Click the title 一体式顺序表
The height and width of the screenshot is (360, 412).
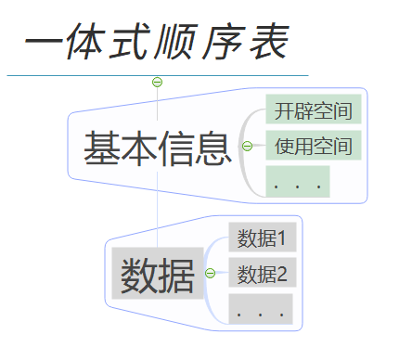pyautogui.click(x=156, y=43)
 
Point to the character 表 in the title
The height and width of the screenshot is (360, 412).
pyautogui.click(x=268, y=43)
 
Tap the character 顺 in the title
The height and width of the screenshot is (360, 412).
pyautogui.click(x=179, y=43)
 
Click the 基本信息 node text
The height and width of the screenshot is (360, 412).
pyautogui.click(x=157, y=148)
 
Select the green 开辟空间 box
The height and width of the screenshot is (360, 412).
pyautogui.click(x=314, y=111)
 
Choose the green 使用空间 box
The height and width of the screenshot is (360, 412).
pyautogui.click(x=314, y=146)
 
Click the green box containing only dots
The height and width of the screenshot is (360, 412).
pyautogui.click(x=297, y=182)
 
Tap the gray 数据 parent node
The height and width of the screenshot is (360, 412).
pyautogui.click(x=157, y=274)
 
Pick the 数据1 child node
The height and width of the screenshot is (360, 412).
pyautogui.click(x=261, y=238)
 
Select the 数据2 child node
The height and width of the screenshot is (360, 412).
pyautogui.click(x=261, y=274)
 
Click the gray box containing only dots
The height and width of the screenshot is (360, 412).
pyautogui.click(x=261, y=309)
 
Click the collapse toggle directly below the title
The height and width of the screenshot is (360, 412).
pyautogui.click(x=157, y=82)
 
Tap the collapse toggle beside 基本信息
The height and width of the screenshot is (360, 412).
pyautogui.click(x=247, y=146)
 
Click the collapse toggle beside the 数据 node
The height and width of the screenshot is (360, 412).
pyautogui.click(x=211, y=273)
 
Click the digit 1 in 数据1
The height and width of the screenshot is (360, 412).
pyautogui.click(x=281, y=238)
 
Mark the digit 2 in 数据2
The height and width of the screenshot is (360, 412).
pyautogui.click(x=282, y=274)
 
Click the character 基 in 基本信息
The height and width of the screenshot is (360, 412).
pyautogui.click(x=102, y=148)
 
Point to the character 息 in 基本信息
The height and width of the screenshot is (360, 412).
pyautogui.click(x=212, y=148)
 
